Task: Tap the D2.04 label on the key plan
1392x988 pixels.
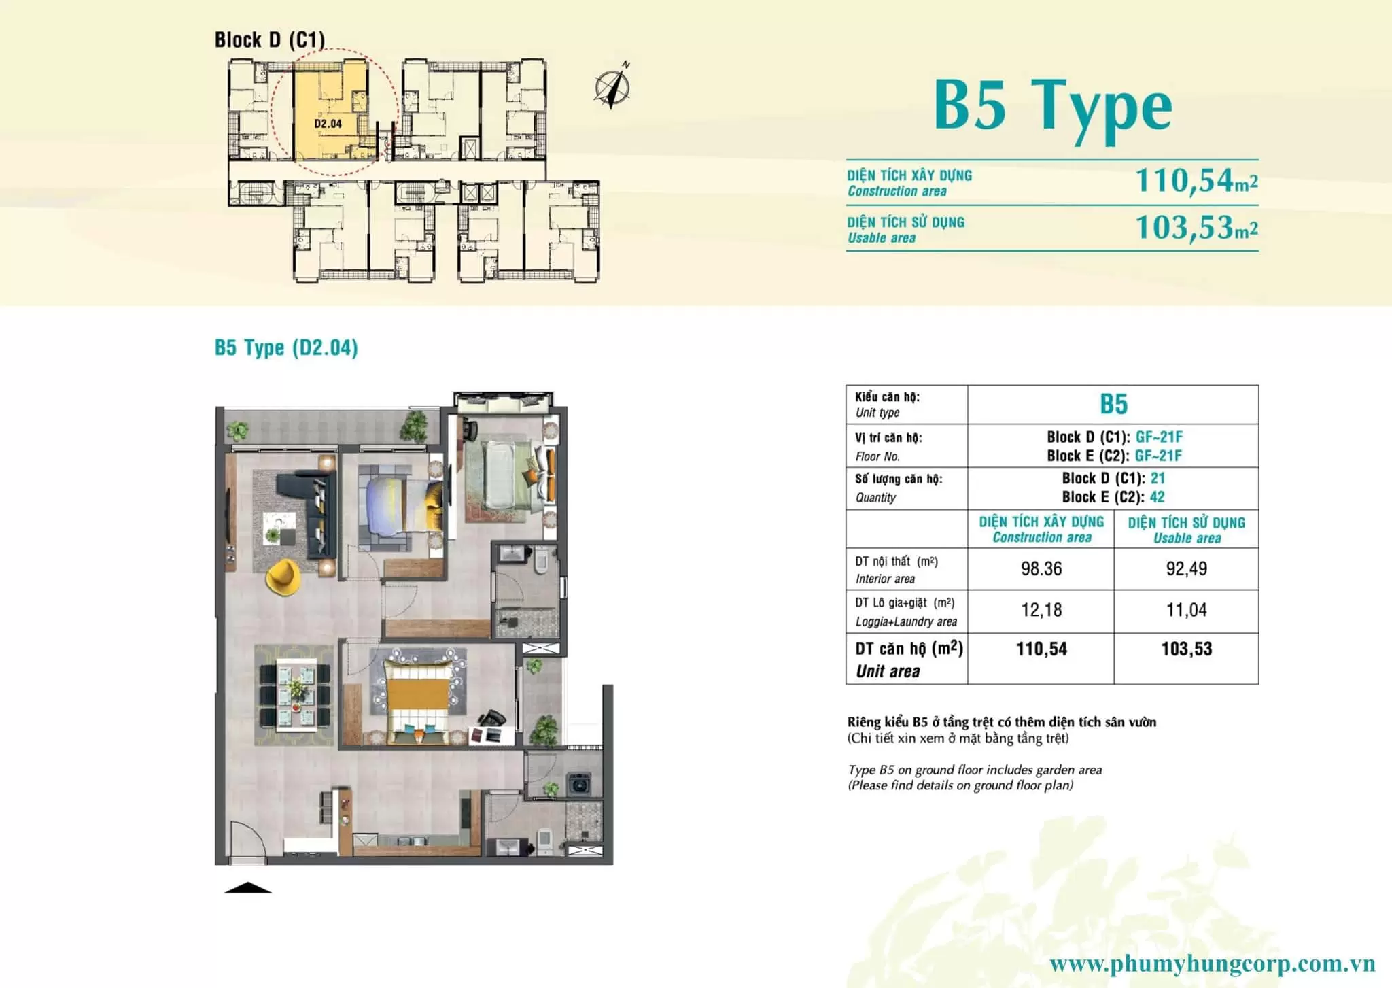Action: pyautogui.click(x=328, y=124)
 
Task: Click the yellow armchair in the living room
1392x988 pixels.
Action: pyautogui.click(x=283, y=577)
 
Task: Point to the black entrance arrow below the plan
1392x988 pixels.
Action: pyautogui.click(x=247, y=887)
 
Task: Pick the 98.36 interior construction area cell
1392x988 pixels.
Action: pyautogui.click(x=1041, y=568)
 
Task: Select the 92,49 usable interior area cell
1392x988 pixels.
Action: pyautogui.click(x=1187, y=568)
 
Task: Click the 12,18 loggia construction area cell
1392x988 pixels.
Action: pyautogui.click(x=1041, y=610)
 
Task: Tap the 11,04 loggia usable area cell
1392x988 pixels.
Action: pyautogui.click(x=1187, y=610)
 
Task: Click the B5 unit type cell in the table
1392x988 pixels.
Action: pyautogui.click(x=1113, y=404)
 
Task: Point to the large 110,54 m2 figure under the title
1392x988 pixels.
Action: pyautogui.click(x=1196, y=181)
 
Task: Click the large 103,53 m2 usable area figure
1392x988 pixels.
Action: pyautogui.click(x=1196, y=227)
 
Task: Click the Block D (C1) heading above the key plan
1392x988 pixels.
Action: pyautogui.click(x=270, y=40)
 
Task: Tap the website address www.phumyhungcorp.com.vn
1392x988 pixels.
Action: pyautogui.click(x=1212, y=964)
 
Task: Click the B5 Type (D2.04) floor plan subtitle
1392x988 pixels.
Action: pyautogui.click(x=286, y=347)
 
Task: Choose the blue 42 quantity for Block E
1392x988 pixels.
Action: pyautogui.click(x=1157, y=497)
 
